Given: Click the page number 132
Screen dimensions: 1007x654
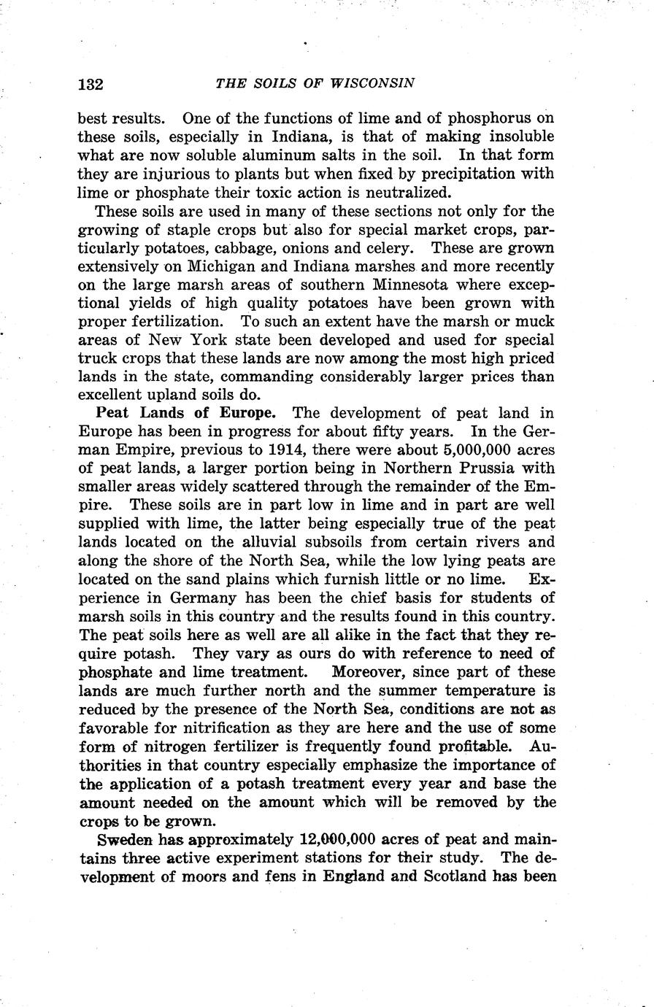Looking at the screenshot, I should point(91,83).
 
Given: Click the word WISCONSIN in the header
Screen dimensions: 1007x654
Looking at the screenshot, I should point(373,82).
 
